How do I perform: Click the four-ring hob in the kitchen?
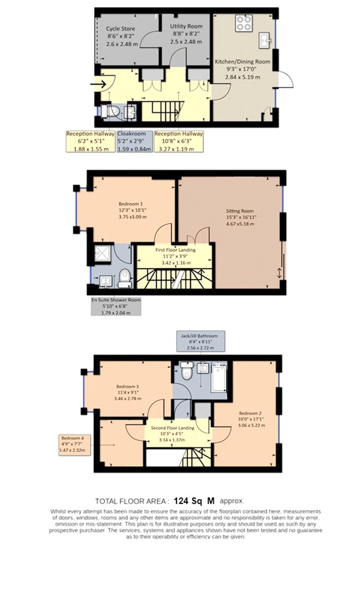(x=244, y=23)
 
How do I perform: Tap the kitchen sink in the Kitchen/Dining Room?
(x=265, y=40)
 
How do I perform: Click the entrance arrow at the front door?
(x=98, y=84)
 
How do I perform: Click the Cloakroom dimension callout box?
(x=135, y=141)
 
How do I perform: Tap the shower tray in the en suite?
(x=103, y=253)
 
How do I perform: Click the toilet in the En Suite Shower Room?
(x=124, y=278)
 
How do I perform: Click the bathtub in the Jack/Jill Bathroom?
(x=219, y=377)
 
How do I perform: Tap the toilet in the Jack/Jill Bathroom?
(x=187, y=371)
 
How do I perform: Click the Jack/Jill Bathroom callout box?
(x=201, y=341)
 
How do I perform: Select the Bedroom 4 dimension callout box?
(x=75, y=445)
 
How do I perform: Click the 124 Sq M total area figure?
(x=194, y=501)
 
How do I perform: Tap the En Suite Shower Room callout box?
(x=116, y=306)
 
